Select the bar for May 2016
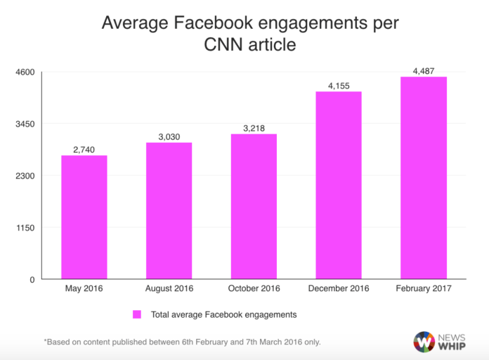pos(84,217)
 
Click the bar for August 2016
pos(169,211)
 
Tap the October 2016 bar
pos(254,207)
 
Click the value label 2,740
pos(84,150)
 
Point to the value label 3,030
pos(169,136)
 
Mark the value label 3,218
pos(254,128)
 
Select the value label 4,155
pos(339,86)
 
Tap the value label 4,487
pos(423,70)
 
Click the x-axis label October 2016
pos(254,289)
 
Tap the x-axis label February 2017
pos(423,289)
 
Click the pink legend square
pos(138,314)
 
